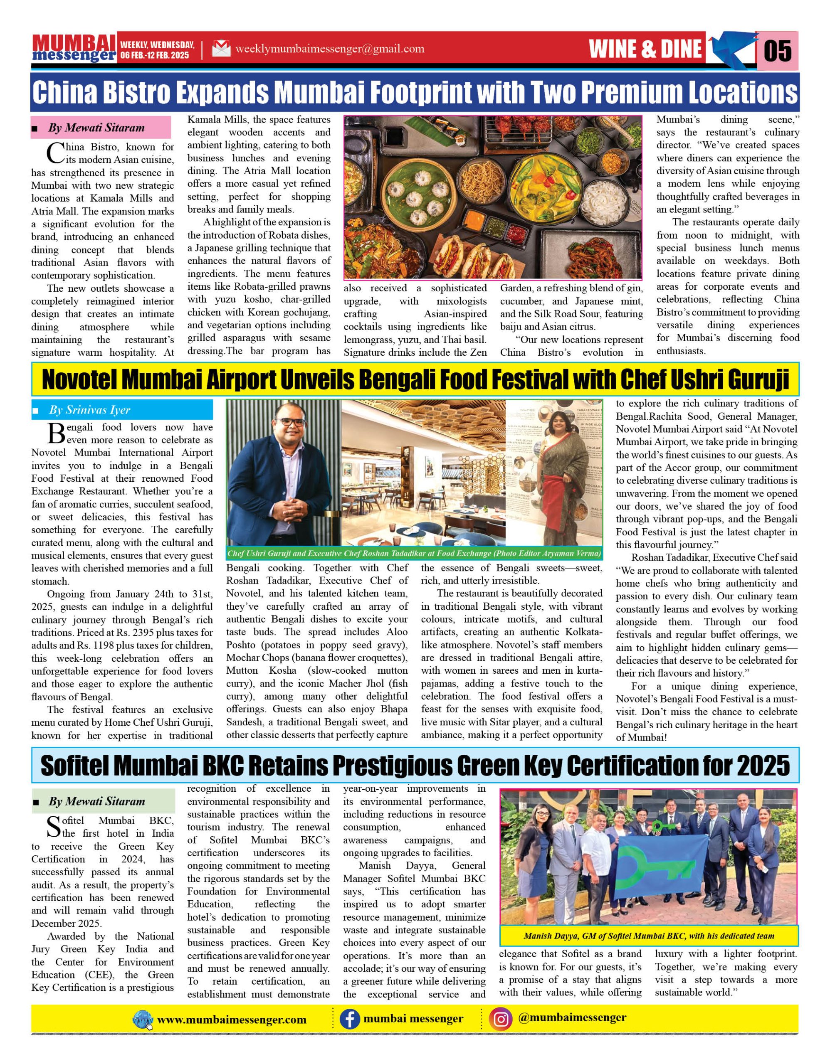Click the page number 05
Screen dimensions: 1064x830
pyautogui.click(x=777, y=51)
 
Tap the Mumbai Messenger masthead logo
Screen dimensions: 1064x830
pyautogui.click(x=74, y=48)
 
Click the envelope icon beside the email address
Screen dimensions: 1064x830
pyautogui.click(x=221, y=49)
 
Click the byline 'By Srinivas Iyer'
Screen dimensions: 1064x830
pyautogui.click(x=90, y=410)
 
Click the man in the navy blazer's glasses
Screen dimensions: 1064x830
pyautogui.click(x=289, y=422)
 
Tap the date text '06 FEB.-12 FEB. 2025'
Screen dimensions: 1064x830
pyautogui.click(x=155, y=55)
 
